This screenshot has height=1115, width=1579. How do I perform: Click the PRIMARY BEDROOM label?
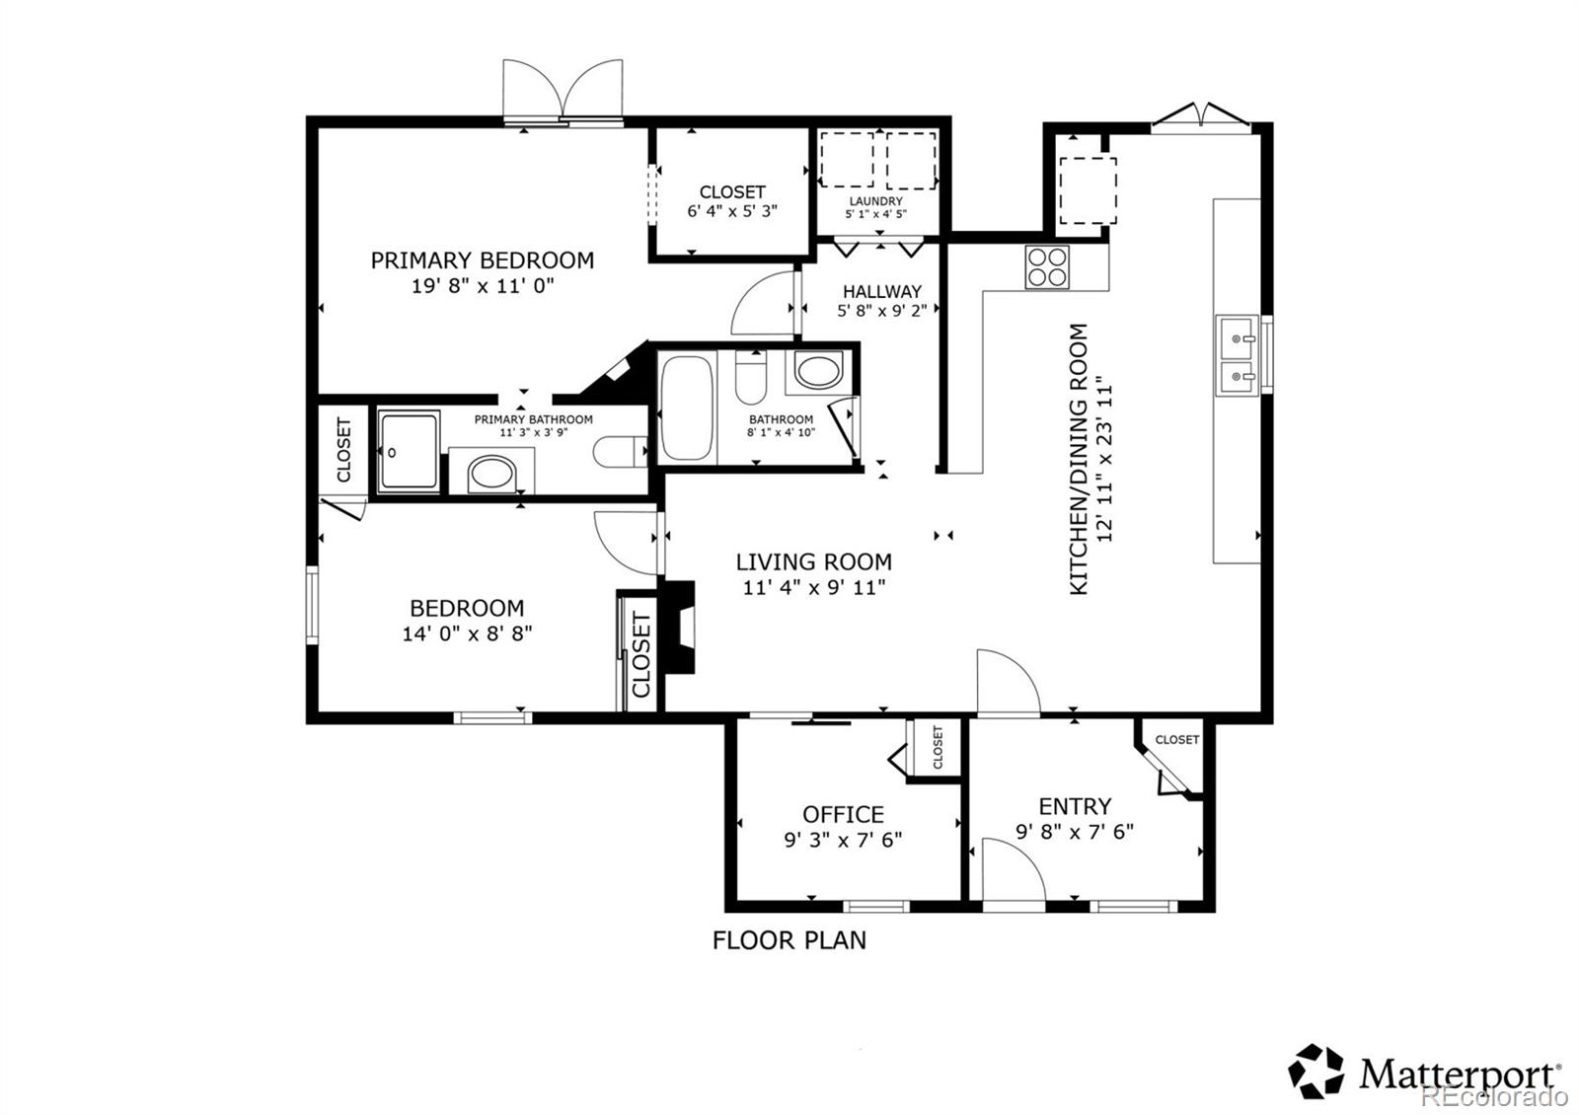click(x=483, y=260)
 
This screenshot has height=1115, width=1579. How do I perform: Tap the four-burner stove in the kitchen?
click(x=1047, y=267)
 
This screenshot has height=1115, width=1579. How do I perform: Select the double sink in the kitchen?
click(x=1237, y=355)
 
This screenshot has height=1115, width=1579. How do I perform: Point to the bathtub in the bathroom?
click(x=687, y=409)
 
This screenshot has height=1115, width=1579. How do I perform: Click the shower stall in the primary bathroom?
click(x=409, y=452)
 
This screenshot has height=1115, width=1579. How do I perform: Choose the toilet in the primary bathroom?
click(x=620, y=452)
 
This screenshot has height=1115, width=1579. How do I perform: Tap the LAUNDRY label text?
click(x=875, y=201)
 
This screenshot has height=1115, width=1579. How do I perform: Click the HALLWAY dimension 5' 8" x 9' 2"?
click(x=882, y=311)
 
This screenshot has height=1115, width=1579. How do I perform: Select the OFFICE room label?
click(x=843, y=815)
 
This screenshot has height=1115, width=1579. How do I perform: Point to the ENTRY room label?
click(x=1075, y=806)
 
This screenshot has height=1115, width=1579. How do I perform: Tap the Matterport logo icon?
click(x=1316, y=1072)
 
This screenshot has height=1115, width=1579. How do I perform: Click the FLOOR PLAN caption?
click(x=789, y=940)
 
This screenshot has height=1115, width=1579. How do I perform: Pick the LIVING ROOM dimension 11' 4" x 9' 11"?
click(x=814, y=588)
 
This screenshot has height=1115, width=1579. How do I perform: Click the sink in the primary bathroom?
click(x=491, y=473)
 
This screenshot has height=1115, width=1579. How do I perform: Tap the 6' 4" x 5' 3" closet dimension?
click(x=731, y=211)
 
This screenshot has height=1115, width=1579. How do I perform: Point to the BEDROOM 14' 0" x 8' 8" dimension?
click(x=467, y=633)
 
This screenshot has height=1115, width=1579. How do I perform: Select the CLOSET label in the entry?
click(x=1176, y=739)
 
